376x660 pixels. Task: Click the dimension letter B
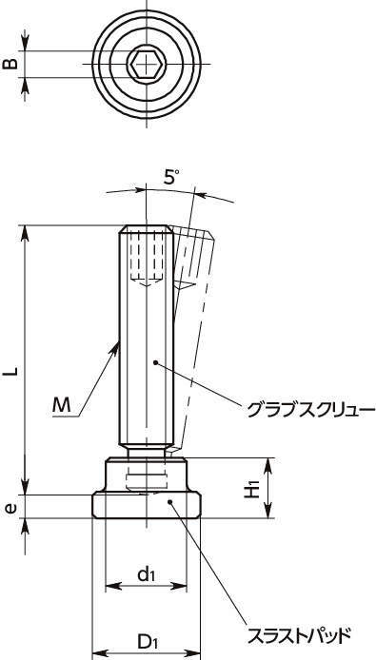[x=11, y=64]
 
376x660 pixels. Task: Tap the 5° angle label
[x=170, y=178]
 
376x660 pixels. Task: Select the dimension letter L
[x=11, y=370]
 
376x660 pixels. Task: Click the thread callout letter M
[x=62, y=405]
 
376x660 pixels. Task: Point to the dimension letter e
[x=11, y=508]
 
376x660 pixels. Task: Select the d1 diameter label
[x=146, y=574]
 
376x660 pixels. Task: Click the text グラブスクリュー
[x=310, y=410]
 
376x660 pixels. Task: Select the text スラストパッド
[x=299, y=634]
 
